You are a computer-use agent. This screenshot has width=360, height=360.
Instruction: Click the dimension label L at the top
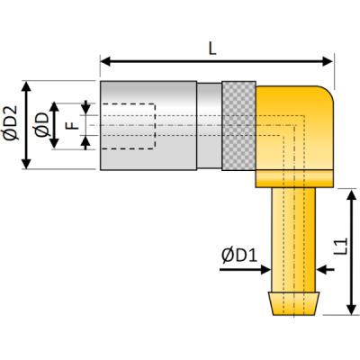[x=212, y=49]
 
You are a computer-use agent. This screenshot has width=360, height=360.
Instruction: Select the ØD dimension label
[x=40, y=125]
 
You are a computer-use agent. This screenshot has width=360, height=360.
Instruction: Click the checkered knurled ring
[x=238, y=125]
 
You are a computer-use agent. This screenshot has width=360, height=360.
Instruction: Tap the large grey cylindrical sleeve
[x=148, y=125]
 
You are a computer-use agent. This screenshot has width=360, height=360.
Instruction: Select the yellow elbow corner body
[x=297, y=126]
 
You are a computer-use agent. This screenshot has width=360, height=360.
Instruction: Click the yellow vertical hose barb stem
[x=293, y=234]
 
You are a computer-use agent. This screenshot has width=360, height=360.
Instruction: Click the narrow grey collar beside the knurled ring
[x=209, y=125]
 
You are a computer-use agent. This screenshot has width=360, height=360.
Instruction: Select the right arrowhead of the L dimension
[x=328, y=62]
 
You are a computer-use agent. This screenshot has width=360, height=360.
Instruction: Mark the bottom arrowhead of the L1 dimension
[x=349, y=310]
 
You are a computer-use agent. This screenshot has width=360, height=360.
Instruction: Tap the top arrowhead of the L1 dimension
[x=349, y=194]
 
